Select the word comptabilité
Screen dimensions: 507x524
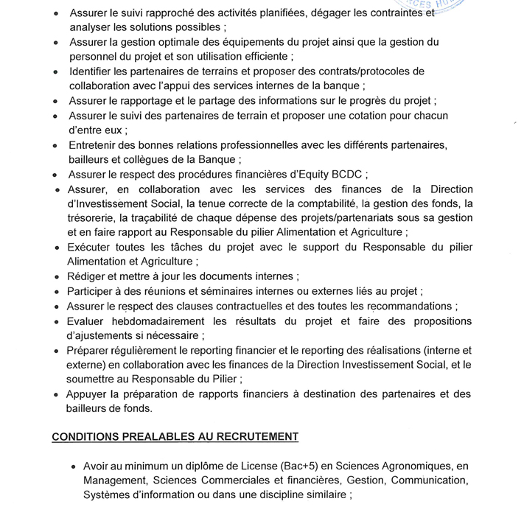[349, 204]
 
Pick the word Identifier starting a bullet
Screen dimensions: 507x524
[94, 71]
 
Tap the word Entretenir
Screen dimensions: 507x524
[96, 145]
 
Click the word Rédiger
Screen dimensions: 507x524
[89, 277]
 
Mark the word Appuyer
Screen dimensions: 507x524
[90, 394]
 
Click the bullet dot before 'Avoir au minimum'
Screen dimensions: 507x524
[74, 467]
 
